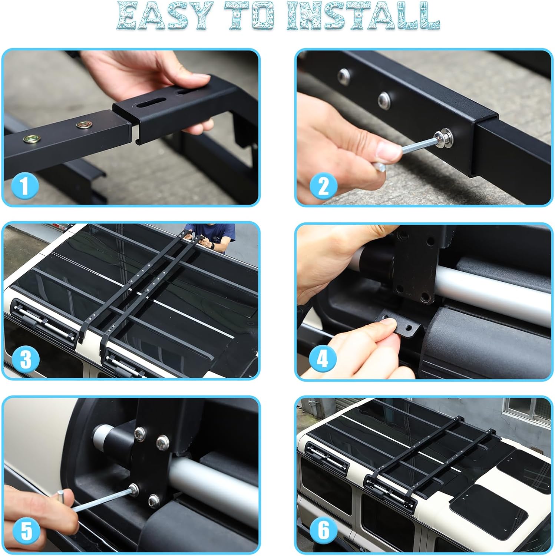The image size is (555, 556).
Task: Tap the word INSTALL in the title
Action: click(363, 16)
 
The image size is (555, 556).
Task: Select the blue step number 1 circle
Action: click(24, 186)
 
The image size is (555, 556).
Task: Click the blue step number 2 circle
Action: click(323, 186)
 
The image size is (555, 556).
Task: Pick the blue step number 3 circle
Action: click(25, 360)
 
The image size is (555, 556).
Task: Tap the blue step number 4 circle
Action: click(323, 359)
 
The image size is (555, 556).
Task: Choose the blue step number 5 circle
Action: click(26, 532)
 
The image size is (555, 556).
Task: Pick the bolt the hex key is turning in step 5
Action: click(133, 489)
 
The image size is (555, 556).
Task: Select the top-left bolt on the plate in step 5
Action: click(141, 432)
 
